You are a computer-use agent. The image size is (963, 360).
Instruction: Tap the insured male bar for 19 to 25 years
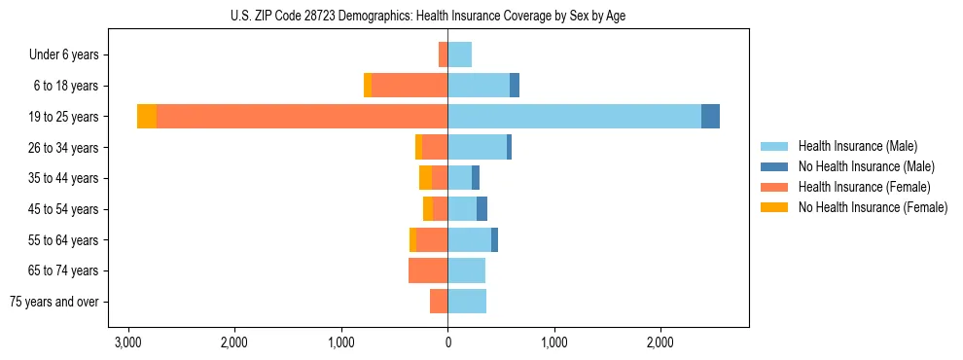coord(574,116)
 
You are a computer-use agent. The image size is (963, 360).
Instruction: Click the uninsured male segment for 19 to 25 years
coord(710,116)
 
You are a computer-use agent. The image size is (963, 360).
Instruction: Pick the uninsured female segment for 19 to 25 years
coord(147,116)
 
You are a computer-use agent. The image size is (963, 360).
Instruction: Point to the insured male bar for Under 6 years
coord(460,54)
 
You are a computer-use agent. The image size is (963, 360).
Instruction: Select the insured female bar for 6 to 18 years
coord(410,86)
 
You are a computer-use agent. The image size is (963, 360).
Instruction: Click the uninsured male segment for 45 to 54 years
coord(481,208)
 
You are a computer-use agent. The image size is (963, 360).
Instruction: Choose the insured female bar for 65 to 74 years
coord(428,270)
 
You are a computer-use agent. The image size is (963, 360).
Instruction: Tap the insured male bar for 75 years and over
coord(467,302)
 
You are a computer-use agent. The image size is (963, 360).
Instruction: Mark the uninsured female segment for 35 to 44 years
coord(425,178)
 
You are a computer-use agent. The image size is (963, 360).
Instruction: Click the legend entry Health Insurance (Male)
coord(857,146)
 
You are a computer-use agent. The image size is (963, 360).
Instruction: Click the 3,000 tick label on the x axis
coord(128,343)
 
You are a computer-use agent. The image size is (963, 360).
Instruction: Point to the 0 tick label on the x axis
coord(447,343)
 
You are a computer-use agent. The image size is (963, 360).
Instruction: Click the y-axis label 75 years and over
coord(54,302)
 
